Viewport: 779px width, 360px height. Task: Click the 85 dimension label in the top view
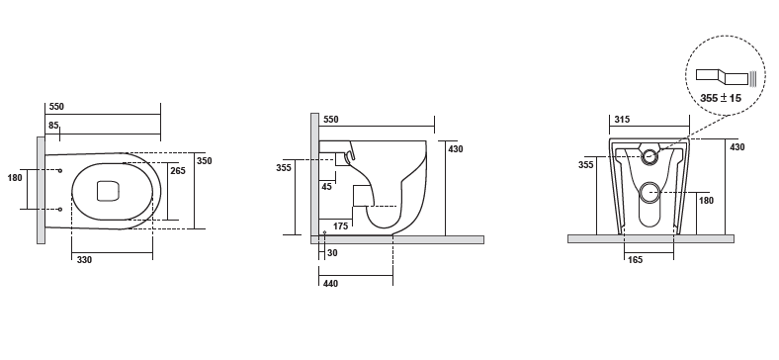click(53, 126)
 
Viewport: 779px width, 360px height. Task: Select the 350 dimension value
click(205, 160)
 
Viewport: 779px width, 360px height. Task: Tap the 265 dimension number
click(178, 170)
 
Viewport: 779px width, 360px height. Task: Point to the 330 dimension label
click(84, 259)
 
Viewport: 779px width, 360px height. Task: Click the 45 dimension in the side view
click(326, 187)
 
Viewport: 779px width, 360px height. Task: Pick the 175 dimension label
click(340, 226)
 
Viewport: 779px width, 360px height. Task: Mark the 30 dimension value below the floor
click(332, 252)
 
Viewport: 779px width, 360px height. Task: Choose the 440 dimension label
click(330, 284)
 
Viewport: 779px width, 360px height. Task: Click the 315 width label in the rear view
click(622, 120)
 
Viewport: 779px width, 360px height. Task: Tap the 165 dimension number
click(635, 259)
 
